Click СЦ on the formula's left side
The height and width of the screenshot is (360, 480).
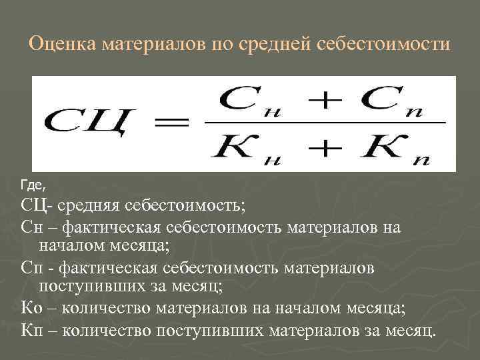coord(83,125)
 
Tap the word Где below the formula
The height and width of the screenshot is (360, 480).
coord(31,182)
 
